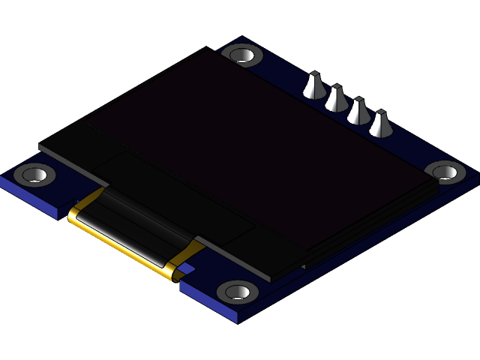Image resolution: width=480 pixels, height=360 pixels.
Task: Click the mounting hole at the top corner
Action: coord(242,55)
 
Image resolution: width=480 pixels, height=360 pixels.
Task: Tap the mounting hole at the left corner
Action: coord(34,175)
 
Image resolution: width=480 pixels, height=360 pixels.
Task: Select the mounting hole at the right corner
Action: coord(446,172)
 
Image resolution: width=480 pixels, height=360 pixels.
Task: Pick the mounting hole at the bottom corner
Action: coord(238,290)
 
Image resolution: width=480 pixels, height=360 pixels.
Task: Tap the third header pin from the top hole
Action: coord(358,111)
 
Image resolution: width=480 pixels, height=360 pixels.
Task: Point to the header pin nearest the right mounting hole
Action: coord(380,124)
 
